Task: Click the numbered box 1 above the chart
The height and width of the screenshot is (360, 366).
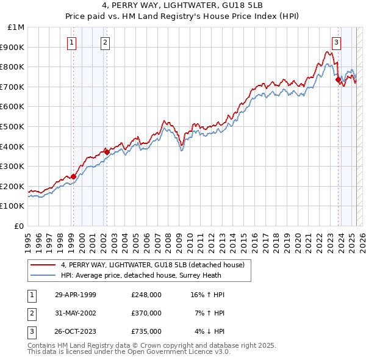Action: [x=72, y=42]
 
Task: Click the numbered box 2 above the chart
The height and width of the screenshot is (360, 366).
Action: [x=105, y=42]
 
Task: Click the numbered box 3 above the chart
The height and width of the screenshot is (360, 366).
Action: [x=336, y=42]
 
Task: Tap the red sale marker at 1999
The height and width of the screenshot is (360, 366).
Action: [x=73, y=177]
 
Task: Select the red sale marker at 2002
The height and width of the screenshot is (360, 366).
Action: [x=106, y=152]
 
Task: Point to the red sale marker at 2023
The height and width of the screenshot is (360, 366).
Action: [x=337, y=79]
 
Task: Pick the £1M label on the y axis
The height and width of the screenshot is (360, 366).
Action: [x=16, y=27]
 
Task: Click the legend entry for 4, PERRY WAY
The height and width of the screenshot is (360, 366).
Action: [x=152, y=265]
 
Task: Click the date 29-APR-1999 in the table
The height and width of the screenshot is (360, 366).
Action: [x=76, y=295]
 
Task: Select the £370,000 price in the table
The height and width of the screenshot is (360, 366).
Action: [x=146, y=313]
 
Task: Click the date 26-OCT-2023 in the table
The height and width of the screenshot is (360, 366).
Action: [x=76, y=331]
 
